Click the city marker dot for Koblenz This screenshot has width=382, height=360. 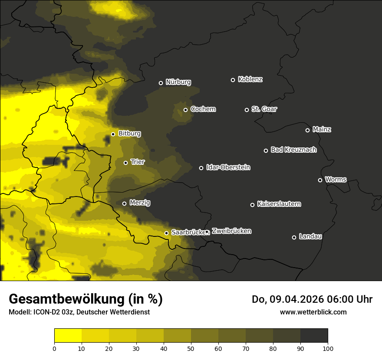point(233,80)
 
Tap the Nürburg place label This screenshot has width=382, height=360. point(178,82)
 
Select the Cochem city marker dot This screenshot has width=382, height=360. point(185,110)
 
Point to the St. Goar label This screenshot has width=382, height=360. point(264,109)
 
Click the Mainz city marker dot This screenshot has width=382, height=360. point(307,130)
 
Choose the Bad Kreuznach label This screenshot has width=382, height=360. point(293,150)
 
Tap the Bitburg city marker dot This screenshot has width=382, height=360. point(113,134)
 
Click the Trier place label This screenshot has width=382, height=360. point(138,162)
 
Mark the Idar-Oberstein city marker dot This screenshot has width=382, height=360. point(201,168)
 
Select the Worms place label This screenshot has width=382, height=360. point(336,179)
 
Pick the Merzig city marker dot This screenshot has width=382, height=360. point(124,203)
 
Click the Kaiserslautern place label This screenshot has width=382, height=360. point(279,204)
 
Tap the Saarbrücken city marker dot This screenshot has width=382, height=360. point(166,233)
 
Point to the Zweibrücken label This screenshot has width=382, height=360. point(231,231)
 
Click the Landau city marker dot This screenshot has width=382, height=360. point(294,237)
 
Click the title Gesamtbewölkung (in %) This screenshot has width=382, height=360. point(86,299)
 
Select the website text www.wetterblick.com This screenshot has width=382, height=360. point(313,312)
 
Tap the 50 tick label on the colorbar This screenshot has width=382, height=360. point(191,348)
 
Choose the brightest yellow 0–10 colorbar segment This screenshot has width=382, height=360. point(68,335)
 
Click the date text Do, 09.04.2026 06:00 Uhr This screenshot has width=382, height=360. point(312,299)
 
